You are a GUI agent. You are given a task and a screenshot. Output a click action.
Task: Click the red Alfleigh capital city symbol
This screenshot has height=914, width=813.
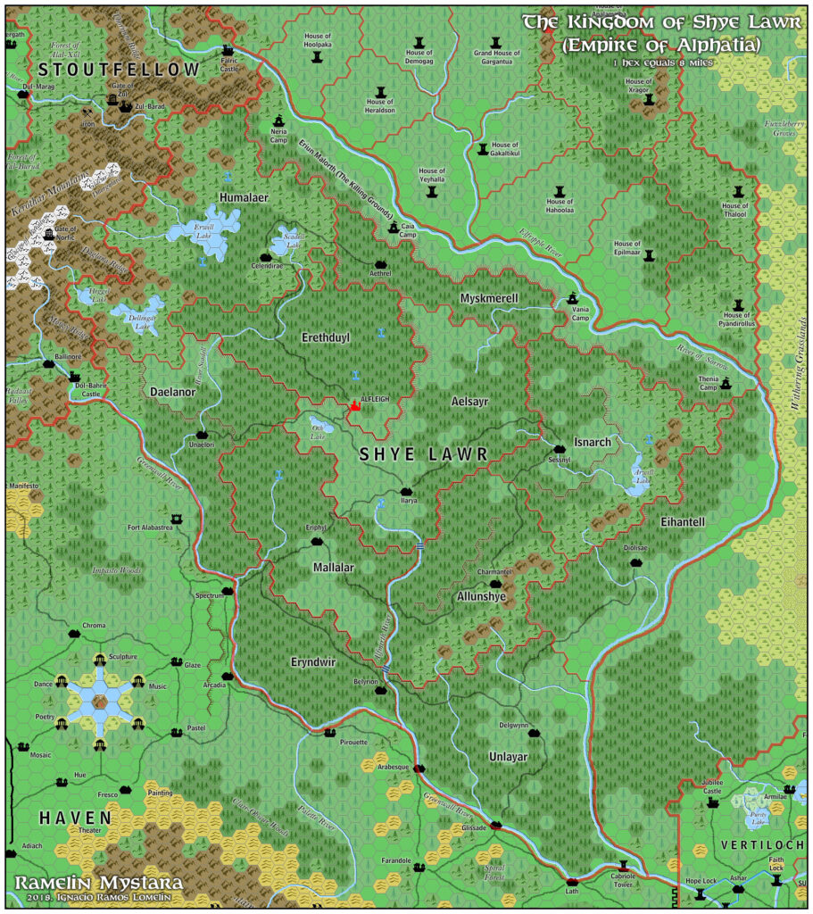354,407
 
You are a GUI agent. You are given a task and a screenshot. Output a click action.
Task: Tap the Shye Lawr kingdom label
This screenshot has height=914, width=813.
424,454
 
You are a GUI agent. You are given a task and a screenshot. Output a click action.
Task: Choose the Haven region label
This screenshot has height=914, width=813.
75,817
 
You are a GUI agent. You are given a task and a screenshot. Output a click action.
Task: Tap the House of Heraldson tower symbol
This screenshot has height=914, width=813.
381,92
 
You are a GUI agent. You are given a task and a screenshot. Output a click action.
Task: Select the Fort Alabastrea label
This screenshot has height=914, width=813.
150,528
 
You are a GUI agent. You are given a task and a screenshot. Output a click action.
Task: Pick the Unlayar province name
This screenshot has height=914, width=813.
509,757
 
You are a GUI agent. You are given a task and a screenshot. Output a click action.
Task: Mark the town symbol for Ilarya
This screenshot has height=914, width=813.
408,490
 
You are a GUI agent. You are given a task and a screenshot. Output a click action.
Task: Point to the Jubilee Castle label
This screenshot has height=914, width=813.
711,785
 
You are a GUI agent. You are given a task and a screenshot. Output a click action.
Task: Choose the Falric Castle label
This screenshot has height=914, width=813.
230,64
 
